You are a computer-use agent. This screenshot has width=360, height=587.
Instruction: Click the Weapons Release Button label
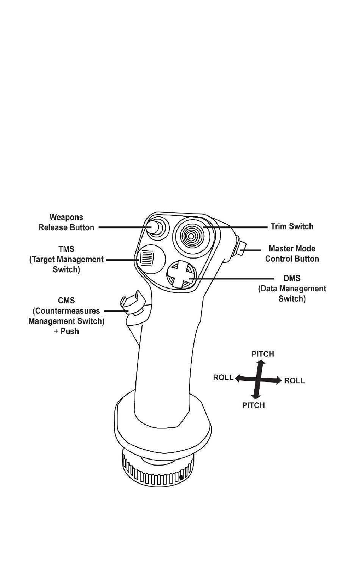pos(66,222)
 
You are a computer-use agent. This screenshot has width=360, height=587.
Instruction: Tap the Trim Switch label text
pos(292,226)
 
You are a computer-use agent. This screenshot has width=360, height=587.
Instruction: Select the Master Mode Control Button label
pos(292,254)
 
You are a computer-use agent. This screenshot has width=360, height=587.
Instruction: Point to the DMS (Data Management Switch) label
pos(292,289)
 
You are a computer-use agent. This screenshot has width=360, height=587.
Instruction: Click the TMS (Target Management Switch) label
pos(66,259)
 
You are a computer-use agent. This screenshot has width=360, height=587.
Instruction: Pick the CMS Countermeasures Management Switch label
pos(66,316)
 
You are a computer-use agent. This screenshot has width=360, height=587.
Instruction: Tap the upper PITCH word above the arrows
pos(262,354)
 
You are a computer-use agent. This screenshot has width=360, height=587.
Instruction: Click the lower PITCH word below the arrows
pos(253,405)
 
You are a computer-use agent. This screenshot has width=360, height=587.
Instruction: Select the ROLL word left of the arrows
pos(223,377)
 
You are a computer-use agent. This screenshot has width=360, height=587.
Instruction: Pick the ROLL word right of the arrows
pos(294,380)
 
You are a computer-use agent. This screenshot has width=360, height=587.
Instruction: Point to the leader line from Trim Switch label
pos(235,227)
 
